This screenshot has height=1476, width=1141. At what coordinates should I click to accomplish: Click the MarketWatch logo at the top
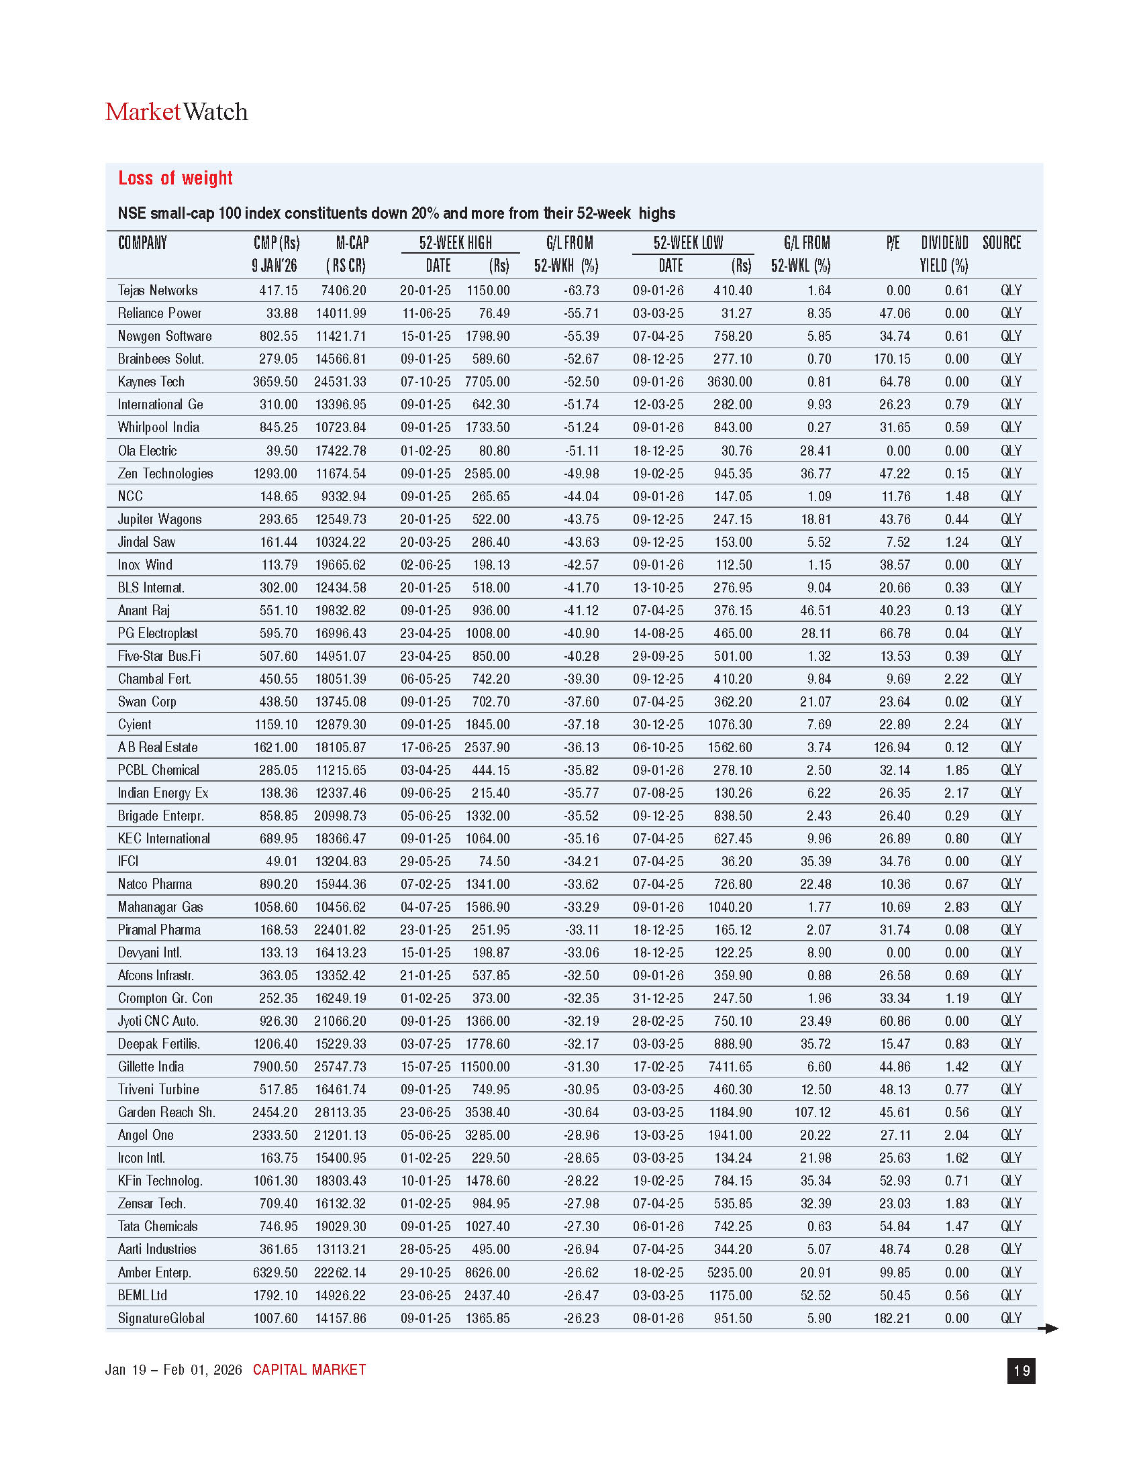(x=177, y=112)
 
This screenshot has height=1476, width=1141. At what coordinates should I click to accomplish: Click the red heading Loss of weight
(x=175, y=178)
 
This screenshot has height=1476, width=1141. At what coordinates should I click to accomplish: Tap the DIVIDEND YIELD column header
(x=944, y=254)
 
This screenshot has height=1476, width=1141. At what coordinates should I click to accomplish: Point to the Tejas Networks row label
(x=158, y=291)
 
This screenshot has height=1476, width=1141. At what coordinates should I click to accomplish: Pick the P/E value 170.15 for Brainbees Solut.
(x=891, y=359)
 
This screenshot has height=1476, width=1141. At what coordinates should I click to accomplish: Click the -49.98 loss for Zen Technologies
(x=581, y=474)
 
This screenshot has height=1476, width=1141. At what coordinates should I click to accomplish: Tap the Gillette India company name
(x=151, y=1067)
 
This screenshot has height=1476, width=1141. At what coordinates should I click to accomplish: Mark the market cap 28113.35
(x=340, y=1112)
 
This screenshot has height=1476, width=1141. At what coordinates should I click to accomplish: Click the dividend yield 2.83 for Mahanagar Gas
(x=956, y=907)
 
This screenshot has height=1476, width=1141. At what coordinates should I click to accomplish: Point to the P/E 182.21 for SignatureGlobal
(x=891, y=1318)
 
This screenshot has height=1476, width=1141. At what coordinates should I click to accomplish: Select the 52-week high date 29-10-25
(x=425, y=1273)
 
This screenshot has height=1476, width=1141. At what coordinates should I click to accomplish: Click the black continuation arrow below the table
(x=1048, y=1328)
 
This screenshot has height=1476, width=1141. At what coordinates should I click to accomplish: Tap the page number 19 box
(x=1021, y=1371)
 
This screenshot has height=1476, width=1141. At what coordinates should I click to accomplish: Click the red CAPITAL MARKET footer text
(x=309, y=1370)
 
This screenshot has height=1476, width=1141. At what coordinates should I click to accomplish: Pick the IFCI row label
(x=128, y=861)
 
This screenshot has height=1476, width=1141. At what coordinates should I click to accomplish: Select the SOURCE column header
(x=1001, y=244)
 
